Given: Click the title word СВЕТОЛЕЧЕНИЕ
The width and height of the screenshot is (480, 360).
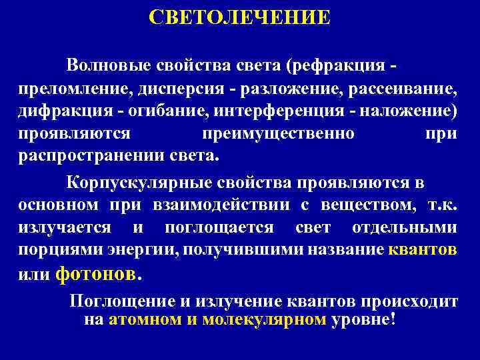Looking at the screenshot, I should point(239,17).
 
